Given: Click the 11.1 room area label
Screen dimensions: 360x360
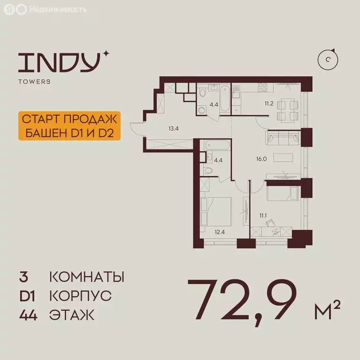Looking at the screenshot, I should pyautogui.click(x=262, y=216).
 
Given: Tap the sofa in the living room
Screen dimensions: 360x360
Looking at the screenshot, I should pyautogui.click(x=282, y=138).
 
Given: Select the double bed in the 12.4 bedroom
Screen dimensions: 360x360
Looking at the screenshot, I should pyautogui.click(x=216, y=211).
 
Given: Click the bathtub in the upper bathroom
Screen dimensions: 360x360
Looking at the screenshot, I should pyautogui.click(x=225, y=99).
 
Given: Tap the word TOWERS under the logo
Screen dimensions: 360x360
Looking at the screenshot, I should pyautogui.click(x=34, y=82).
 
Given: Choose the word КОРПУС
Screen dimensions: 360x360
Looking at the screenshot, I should pyautogui.click(x=80, y=296).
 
